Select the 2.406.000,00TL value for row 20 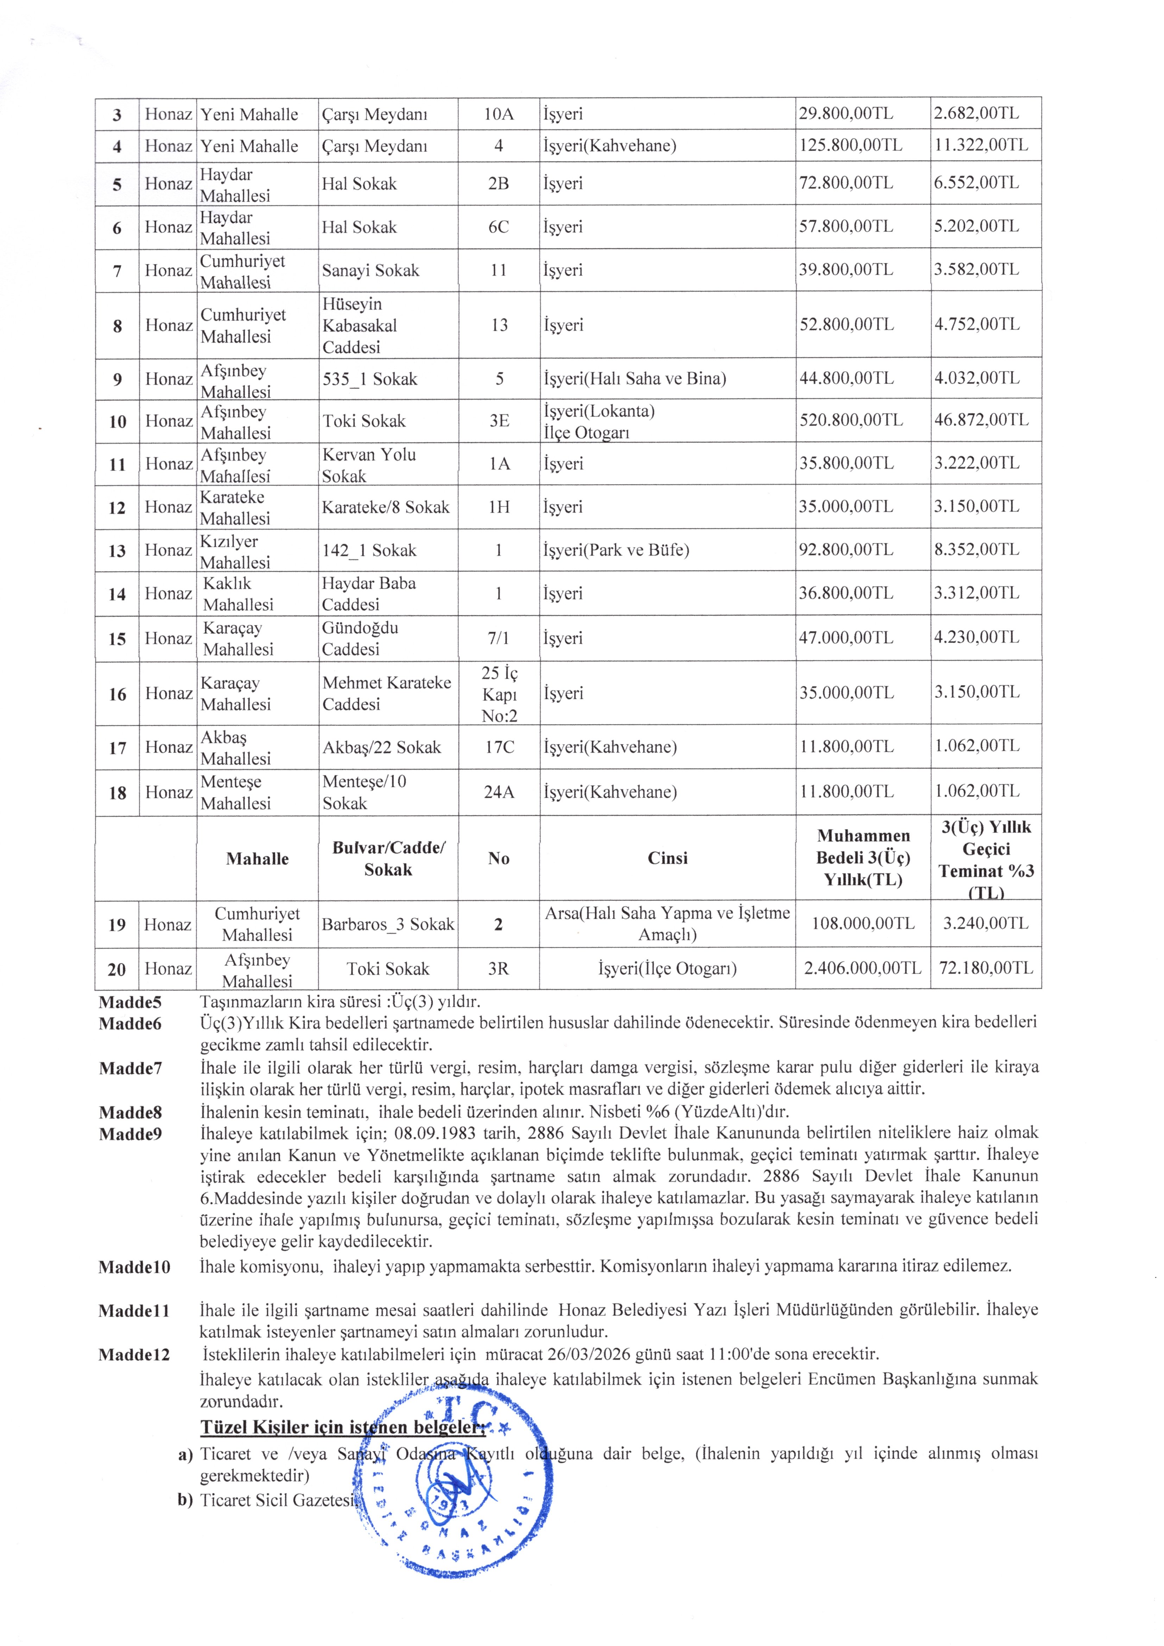tap(862, 968)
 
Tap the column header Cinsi tap(667, 858)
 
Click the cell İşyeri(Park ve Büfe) tap(616, 551)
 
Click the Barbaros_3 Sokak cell tap(388, 924)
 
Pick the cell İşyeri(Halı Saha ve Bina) tap(634, 378)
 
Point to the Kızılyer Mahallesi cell tap(235, 551)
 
